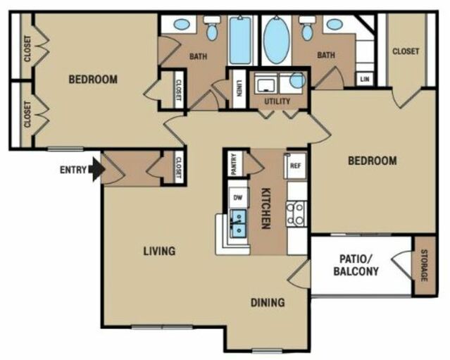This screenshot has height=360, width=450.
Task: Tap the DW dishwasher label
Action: click(x=238, y=197)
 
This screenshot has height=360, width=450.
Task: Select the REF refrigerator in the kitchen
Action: click(x=295, y=166)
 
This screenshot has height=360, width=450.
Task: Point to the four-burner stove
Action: click(x=296, y=213)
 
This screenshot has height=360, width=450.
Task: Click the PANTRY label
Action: click(x=235, y=164)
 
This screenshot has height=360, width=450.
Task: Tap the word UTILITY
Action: click(x=277, y=101)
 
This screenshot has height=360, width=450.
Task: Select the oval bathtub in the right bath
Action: click(x=276, y=39)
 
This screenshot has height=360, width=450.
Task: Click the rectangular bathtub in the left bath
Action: click(x=241, y=40)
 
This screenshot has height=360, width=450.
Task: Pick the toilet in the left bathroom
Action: click(x=212, y=28)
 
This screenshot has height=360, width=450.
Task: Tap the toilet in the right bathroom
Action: click(x=307, y=28)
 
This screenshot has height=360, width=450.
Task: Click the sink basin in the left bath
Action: click(x=182, y=24)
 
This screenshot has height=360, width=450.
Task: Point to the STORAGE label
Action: click(x=424, y=266)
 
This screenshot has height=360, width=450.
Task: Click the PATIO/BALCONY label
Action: click(x=356, y=265)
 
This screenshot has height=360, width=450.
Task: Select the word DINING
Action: click(x=268, y=302)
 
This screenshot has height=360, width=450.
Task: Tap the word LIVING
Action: click(x=159, y=252)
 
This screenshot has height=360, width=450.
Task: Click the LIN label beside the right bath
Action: click(x=365, y=79)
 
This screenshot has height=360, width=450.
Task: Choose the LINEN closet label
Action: click(x=239, y=88)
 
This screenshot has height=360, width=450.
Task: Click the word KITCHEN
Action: click(x=266, y=209)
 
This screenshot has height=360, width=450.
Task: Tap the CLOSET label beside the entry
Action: click(x=178, y=168)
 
